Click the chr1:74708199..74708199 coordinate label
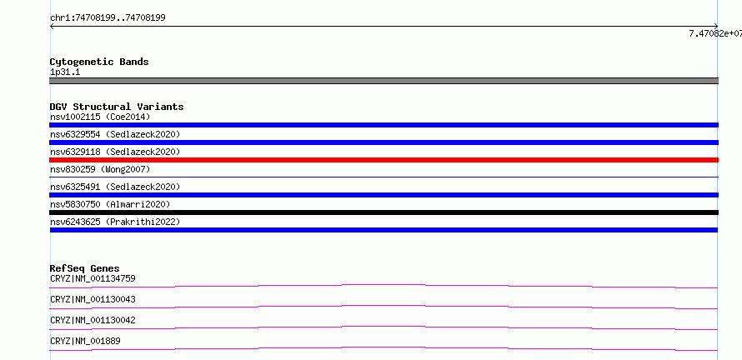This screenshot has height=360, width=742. click(108, 18)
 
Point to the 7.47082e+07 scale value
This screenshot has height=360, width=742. click(715, 33)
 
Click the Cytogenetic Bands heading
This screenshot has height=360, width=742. click(99, 62)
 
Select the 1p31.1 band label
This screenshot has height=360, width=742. click(65, 72)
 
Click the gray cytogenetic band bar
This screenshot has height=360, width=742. click(384, 81)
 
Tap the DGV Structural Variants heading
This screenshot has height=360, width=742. click(117, 107)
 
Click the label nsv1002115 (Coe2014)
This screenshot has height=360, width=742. click(100, 117)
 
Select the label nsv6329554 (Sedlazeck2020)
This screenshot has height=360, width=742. click(115, 134)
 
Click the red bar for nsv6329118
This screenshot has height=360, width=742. click(384, 160)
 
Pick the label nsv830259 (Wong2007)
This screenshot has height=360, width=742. click(100, 169)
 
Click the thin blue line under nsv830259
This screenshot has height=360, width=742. click(384, 177)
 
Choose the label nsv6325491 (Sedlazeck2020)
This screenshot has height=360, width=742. click(115, 187)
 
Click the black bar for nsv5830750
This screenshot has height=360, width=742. click(384, 212)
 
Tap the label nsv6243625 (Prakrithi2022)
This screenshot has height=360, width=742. click(115, 222)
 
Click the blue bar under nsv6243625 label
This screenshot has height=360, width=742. click(384, 230)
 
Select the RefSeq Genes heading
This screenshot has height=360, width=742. click(85, 268)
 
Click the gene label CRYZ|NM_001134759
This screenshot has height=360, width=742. click(93, 278)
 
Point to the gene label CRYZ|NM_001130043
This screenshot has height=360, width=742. click(93, 299)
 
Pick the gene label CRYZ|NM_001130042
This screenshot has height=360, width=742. click(93, 320)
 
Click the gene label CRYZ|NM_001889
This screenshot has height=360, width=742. click(85, 341)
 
